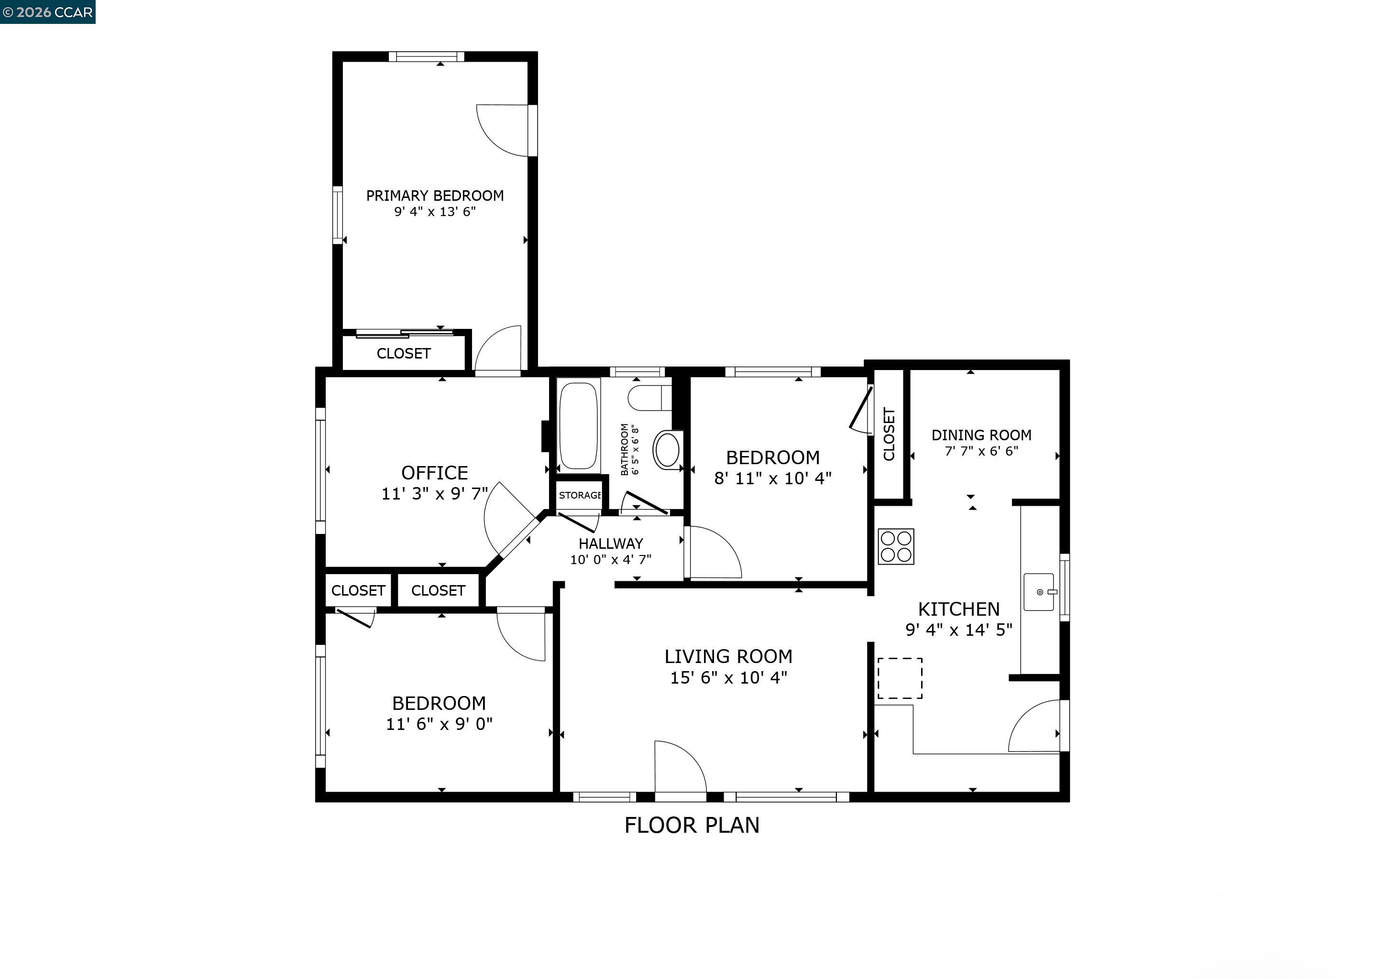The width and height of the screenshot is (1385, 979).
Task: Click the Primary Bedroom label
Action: pos(434,196)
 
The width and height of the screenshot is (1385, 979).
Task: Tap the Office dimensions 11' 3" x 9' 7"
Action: pos(434,494)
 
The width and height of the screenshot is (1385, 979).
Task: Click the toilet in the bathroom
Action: pos(649,398)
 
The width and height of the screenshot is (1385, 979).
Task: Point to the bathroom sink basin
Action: pos(667,450)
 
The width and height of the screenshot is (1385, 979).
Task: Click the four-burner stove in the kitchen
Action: pos(896,547)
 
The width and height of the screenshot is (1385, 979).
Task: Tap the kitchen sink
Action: pos(1039,592)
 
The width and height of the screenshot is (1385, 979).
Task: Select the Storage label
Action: pos(579,496)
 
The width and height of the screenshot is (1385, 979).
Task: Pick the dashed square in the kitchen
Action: pos(900,678)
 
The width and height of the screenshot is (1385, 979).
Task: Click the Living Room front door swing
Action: pos(679,767)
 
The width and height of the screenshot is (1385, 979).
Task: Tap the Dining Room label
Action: pos(981,435)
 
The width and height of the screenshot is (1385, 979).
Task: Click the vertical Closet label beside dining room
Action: pos(889,434)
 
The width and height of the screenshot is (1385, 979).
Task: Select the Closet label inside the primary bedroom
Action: pos(404,353)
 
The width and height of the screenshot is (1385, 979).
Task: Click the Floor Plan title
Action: pos(692,825)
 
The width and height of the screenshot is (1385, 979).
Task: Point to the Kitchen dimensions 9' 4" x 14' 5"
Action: pos(958,630)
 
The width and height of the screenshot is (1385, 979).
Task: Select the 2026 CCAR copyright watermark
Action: pos(48,12)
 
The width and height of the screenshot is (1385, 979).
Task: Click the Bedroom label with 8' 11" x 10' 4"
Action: pos(773,457)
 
